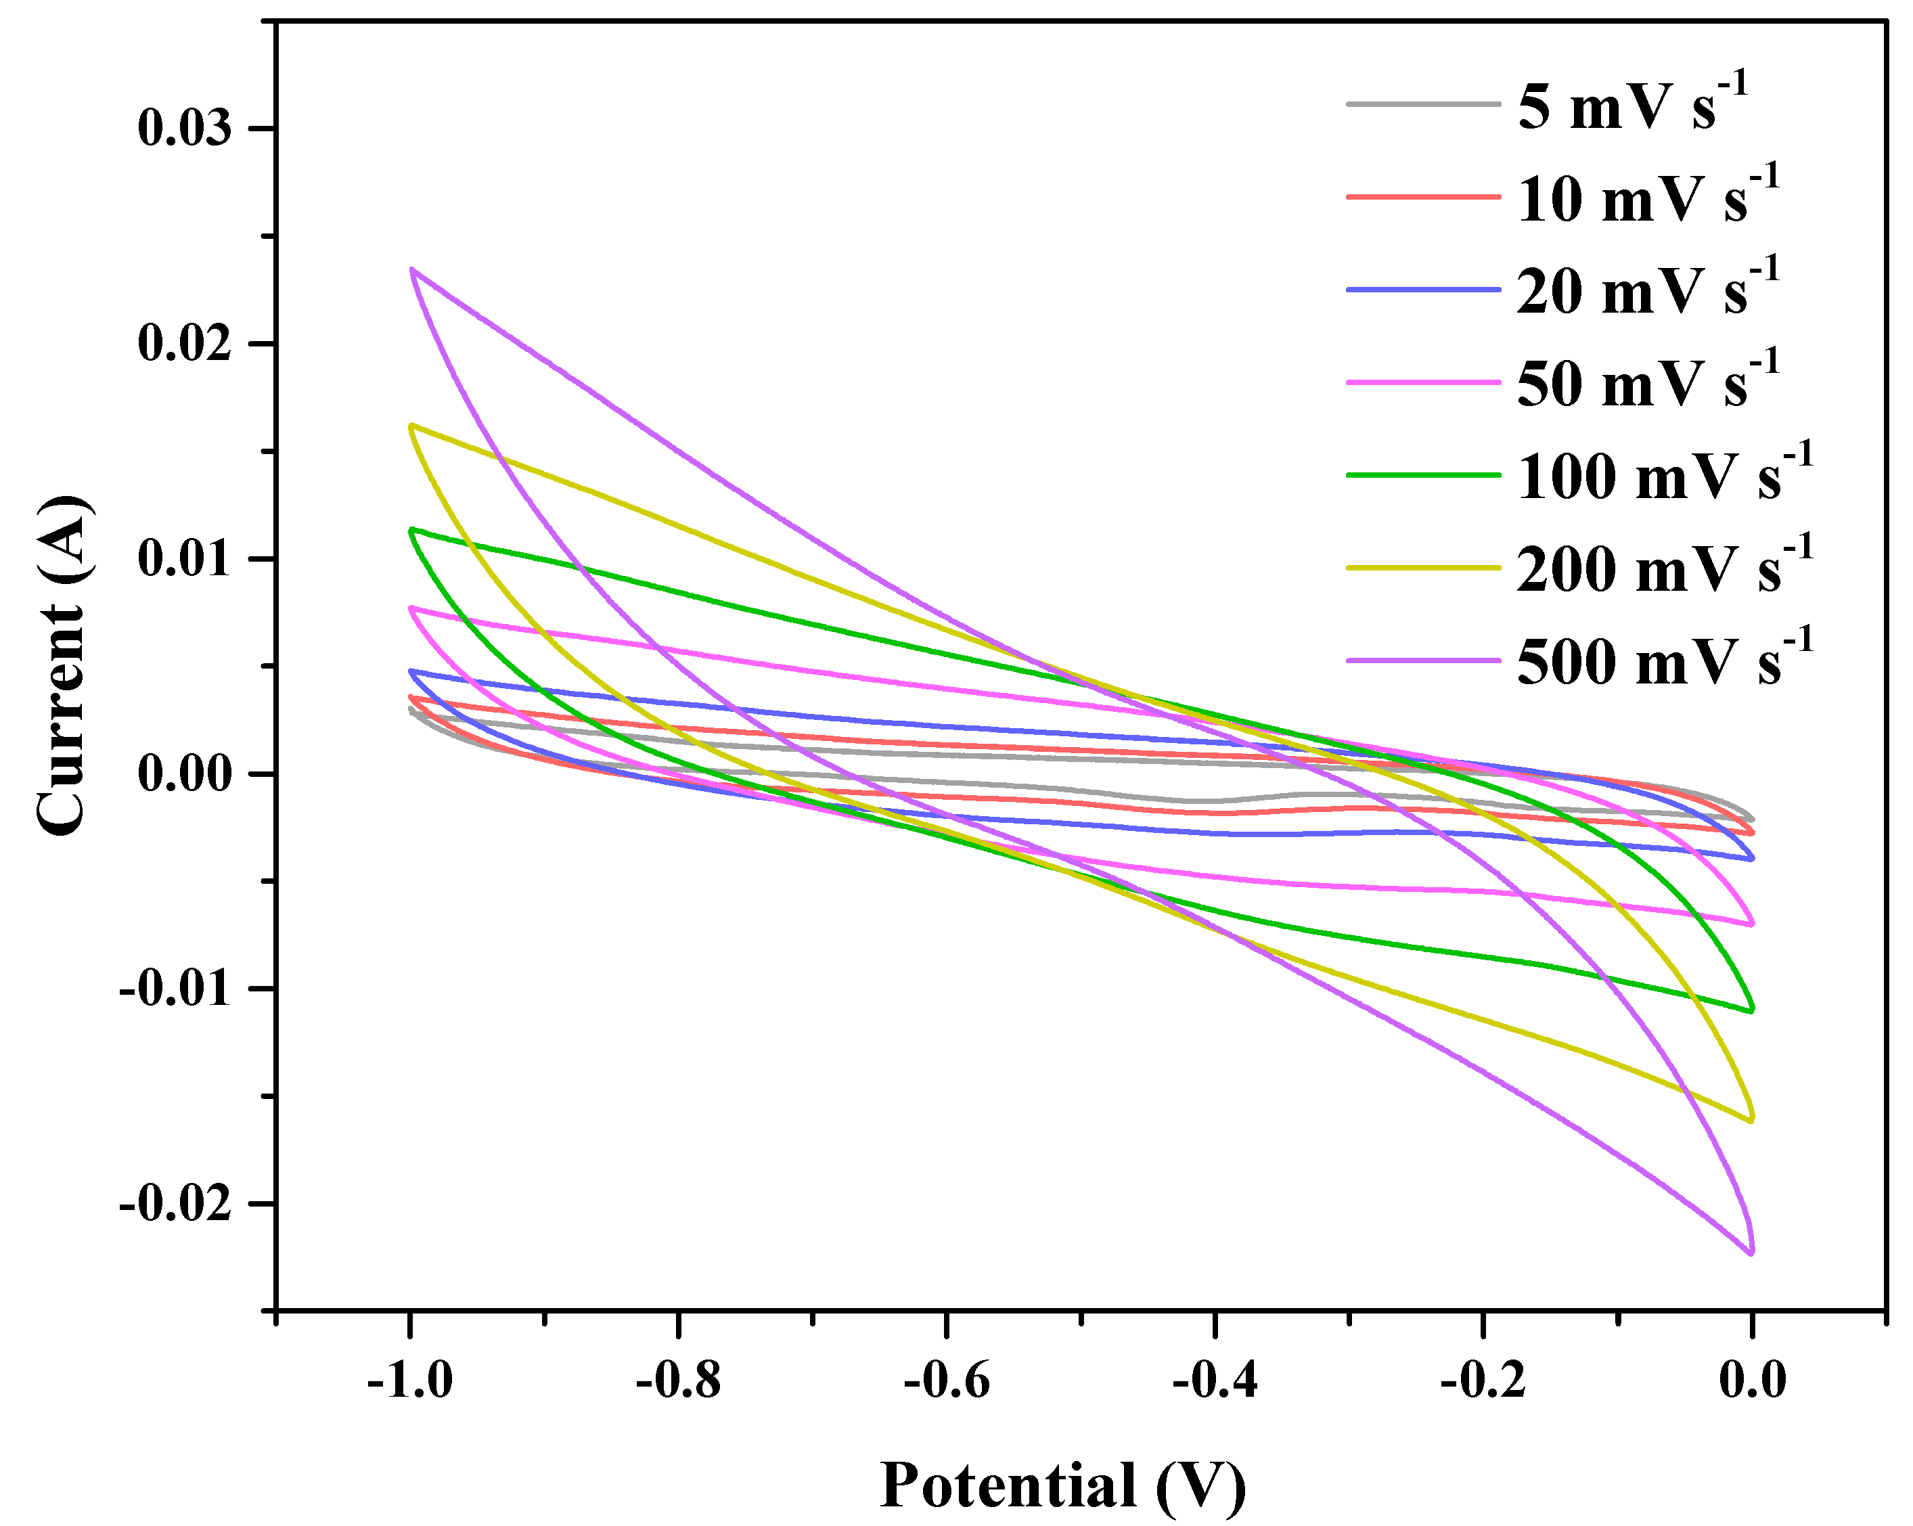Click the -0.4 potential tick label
pyautogui.click(x=1214, y=1381)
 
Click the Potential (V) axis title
pyautogui.click(x=1062, y=1485)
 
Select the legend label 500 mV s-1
pyautogui.click(x=1664, y=661)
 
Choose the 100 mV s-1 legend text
pyautogui.click(x=1664, y=476)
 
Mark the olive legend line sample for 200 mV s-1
pyautogui.click(x=1422, y=568)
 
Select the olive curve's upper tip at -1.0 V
pyautogui.click(x=411, y=426)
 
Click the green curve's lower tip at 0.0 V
pyautogui.click(x=1751, y=1010)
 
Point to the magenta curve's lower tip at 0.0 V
pyautogui.click(x=1751, y=924)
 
